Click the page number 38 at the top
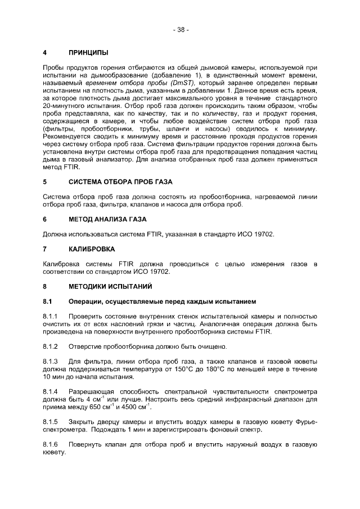pos(181,30)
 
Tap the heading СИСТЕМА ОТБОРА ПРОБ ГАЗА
pos(120,183)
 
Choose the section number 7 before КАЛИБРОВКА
pos(45,248)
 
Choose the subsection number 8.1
pos(48,301)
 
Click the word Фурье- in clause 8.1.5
pos(304,421)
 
